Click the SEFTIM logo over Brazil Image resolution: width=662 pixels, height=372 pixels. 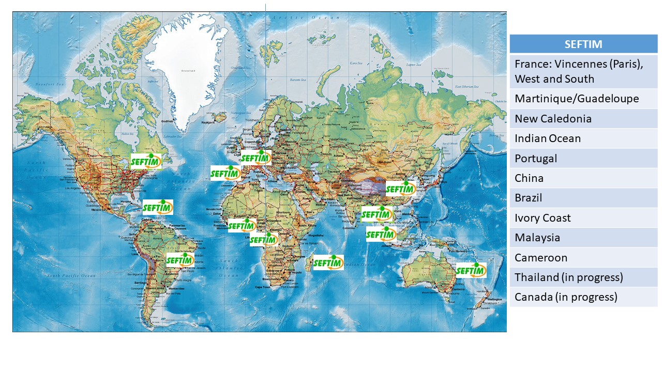[180, 260]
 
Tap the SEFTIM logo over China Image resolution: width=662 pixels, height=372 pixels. [401, 189]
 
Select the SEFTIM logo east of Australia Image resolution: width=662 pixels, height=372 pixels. [471, 270]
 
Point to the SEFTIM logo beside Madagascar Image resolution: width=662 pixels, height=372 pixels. [328, 262]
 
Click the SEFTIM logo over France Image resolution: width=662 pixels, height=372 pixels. [256, 158]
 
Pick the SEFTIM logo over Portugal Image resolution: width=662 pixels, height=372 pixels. [225, 173]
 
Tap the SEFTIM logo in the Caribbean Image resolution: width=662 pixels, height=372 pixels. [158, 207]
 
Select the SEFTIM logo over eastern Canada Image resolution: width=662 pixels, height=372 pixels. [146, 161]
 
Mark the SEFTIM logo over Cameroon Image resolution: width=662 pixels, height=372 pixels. [264, 239]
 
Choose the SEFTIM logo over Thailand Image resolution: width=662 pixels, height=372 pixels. [377, 213]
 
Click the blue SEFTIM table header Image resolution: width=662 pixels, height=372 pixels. [583, 44]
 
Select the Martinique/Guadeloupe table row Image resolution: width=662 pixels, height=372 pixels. [583, 99]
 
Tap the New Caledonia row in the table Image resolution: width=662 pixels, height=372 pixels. [583, 119]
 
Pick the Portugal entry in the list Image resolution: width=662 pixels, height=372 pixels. [583, 159]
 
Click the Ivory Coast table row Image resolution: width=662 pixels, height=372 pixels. [583, 218]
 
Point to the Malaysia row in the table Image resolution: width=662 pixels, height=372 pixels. [583, 238]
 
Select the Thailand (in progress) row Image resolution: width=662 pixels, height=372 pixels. [583, 277]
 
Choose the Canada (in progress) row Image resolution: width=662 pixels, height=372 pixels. [583, 297]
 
